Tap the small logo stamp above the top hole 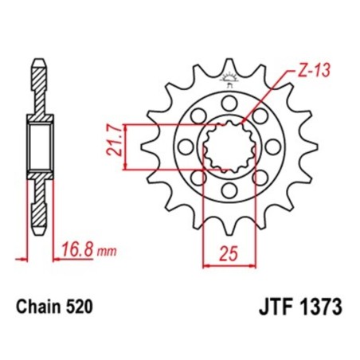[230, 79]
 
